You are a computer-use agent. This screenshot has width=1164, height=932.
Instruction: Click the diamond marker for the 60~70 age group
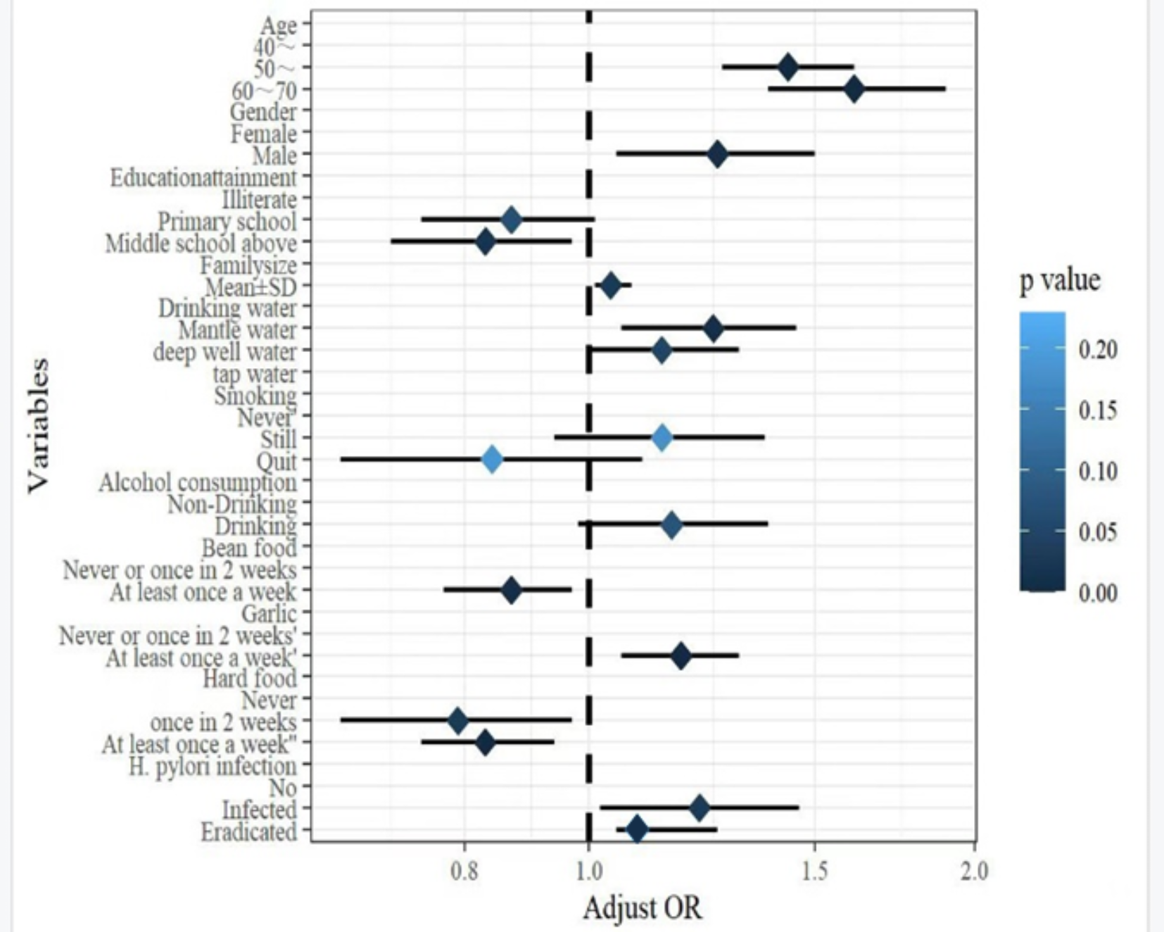click(853, 89)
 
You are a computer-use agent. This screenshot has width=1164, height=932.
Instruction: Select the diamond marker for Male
click(716, 154)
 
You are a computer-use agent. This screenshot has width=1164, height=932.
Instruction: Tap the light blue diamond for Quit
click(492, 460)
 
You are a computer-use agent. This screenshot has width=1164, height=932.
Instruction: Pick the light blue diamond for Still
click(662, 438)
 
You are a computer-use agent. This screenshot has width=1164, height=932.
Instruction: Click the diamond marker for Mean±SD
click(610, 286)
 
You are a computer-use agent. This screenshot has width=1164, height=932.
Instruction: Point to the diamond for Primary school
click(512, 220)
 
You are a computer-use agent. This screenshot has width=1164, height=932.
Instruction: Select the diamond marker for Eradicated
click(636, 830)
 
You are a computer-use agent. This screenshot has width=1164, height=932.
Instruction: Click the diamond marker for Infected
click(699, 808)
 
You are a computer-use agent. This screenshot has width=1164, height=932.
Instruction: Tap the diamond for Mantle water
click(713, 329)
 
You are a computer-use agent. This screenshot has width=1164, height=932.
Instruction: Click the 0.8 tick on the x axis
click(464, 871)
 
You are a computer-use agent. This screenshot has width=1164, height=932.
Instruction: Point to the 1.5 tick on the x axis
click(814, 871)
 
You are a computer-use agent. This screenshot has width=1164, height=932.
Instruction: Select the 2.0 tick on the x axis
click(974, 871)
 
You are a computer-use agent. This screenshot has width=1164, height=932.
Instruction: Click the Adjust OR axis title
click(642, 908)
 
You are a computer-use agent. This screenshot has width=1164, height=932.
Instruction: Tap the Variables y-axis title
click(39, 425)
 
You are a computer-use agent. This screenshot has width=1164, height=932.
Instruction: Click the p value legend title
click(1060, 280)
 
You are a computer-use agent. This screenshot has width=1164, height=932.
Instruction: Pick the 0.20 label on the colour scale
click(1098, 349)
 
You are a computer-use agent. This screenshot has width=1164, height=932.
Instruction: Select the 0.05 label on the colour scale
click(1098, 532)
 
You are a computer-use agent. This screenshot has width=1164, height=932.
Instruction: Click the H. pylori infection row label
click(213, 766)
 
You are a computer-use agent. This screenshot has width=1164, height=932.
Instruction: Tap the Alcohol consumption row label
click(198, 483)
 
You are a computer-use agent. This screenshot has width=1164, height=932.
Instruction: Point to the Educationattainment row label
click(203, 177)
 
